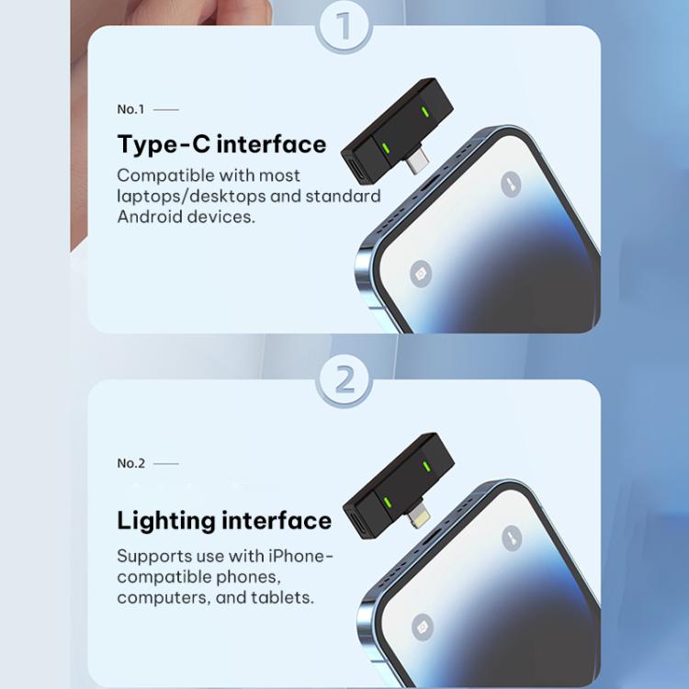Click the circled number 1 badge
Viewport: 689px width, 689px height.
[x=344, y=27]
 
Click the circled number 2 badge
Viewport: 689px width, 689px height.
[x=344, y=380]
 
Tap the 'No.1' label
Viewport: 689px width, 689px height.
[x=130, y=109]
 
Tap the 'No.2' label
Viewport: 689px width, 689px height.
[x=131, y=463]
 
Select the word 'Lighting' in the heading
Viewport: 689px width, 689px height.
[x=166, y=522]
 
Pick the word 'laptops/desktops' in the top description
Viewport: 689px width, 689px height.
[x=191, y=197]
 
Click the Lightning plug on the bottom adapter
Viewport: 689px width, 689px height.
[x=418, y=514]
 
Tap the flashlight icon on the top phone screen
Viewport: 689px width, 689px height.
[x=511, y=184]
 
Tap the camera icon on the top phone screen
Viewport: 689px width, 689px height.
[x=421, y=274]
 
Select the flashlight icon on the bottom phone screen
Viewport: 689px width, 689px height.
[x=512, y=537]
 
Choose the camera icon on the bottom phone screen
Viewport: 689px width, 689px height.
[x=423, y=627]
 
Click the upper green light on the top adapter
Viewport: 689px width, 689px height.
[x=424, y=111]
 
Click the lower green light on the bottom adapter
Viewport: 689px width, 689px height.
[x=387, y=503]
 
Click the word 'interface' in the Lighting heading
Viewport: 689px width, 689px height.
[x=277, y=521]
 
